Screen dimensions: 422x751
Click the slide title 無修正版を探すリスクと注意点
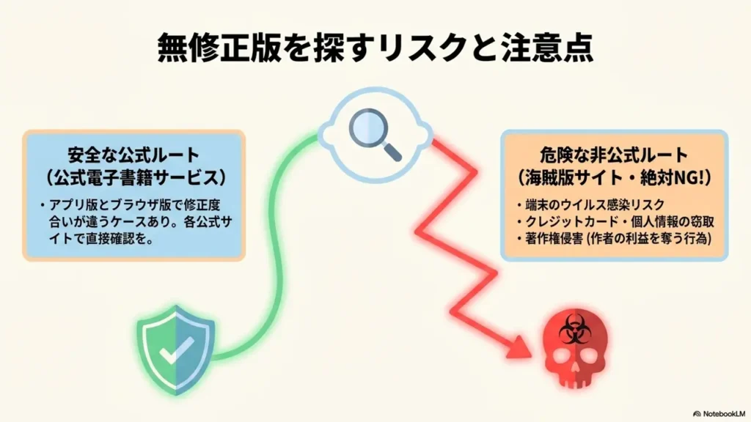click(375, 49)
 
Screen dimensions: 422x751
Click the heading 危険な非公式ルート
click(614, 155)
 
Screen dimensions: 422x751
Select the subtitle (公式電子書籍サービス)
click(133, 178)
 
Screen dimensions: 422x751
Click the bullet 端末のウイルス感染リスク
click(579, 204)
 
